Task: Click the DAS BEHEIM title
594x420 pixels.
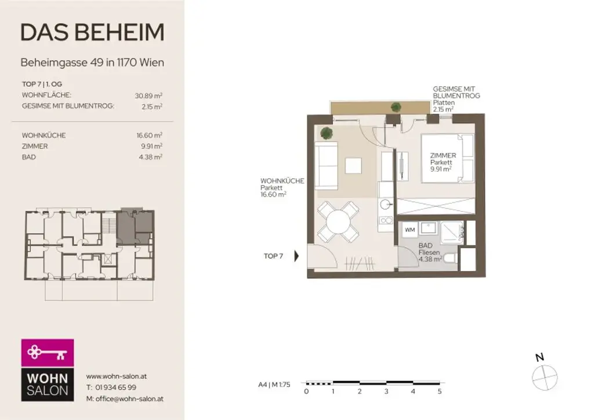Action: pos(92,32)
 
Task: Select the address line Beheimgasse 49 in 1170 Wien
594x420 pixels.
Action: pos(92,62)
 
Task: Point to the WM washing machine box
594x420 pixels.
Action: pos(410,230)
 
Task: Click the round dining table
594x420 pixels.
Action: pos(338,222)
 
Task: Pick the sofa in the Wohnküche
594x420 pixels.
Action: pos(327,166)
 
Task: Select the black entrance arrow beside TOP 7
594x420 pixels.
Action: pos(297,256)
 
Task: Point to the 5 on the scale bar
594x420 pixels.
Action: pos(440,392)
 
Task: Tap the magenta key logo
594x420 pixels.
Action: pos(48,352)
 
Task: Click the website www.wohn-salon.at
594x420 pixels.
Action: pos(116,376)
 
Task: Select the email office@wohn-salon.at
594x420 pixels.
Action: pos(124,399)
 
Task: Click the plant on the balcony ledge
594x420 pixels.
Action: pos(396,107)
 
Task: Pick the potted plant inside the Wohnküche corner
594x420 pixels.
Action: pos(327,133)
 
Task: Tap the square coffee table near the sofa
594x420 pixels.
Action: pos(353,166)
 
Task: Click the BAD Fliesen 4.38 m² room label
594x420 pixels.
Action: pos(430,253)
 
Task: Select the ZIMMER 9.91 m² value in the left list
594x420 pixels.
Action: pos(153,146)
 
